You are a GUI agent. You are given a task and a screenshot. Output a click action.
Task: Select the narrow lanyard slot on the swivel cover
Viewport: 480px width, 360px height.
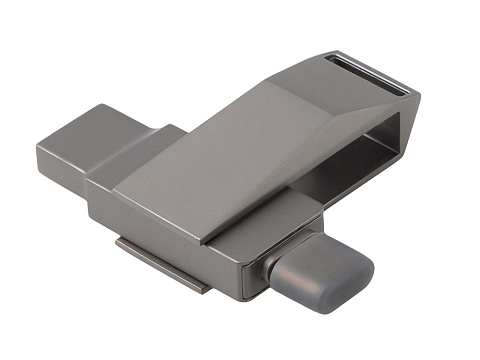pos(368,75)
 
